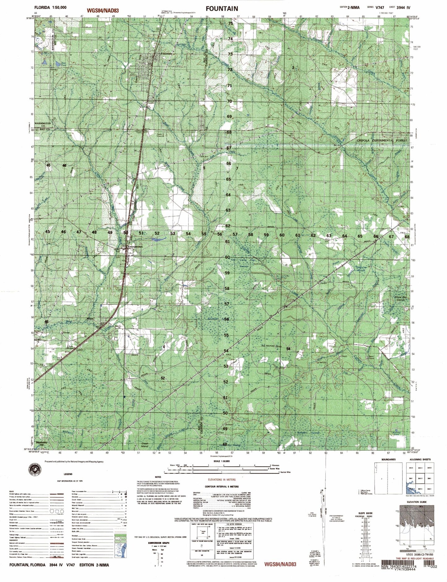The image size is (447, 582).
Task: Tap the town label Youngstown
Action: [x=134, y=247]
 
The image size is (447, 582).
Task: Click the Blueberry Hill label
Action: [x=42, y=443]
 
